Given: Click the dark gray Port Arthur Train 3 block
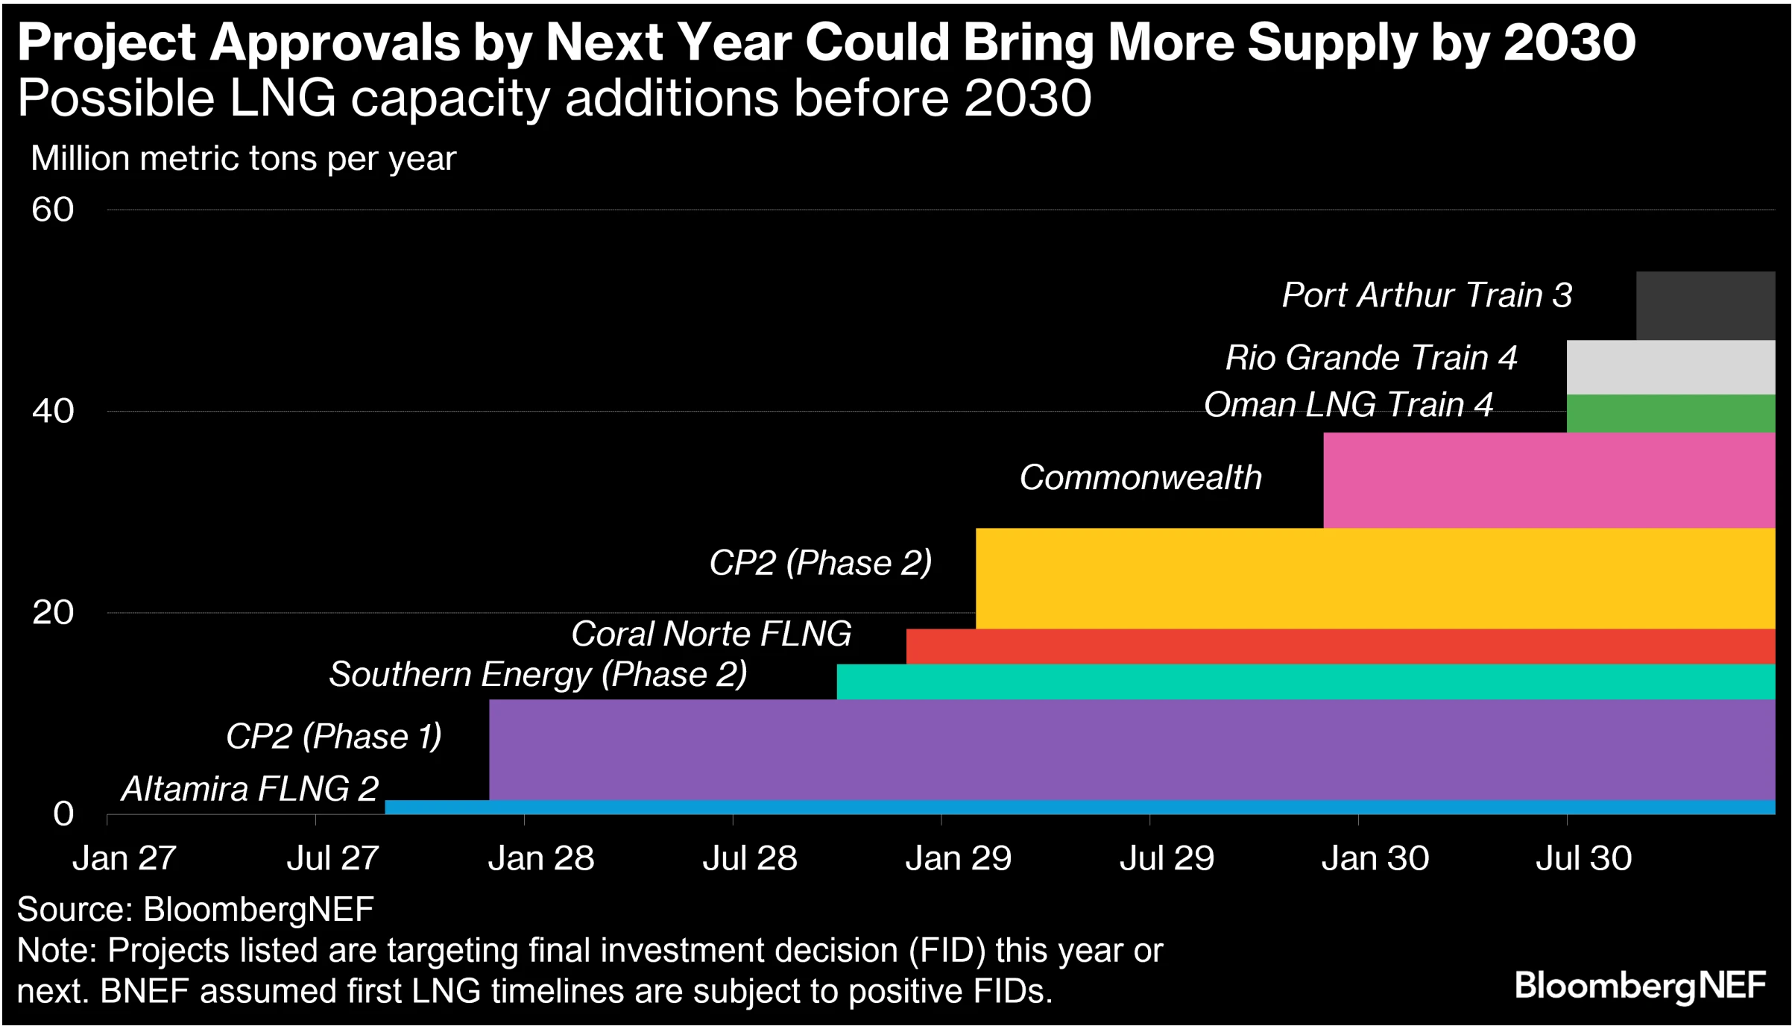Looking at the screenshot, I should coord(1705,306).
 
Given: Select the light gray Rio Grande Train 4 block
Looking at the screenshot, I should coord(1670,367).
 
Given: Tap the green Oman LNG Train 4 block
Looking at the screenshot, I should coord(1670,413).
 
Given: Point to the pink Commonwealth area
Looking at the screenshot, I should coord(1548,479).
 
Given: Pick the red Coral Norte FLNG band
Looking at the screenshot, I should coord(1340,646).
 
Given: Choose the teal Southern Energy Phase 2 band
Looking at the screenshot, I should coord(1304,681).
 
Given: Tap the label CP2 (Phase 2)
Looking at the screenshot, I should coord(820,562).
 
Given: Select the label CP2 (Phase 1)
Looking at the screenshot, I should coord(333,736).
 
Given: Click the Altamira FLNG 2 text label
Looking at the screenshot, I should coord(250,788).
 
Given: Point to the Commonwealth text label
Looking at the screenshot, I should coord(1140,477).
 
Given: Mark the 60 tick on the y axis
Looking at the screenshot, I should coord(52,210).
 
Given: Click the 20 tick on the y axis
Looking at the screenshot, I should coord(52,612).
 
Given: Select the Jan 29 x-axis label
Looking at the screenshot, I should coord(958,858).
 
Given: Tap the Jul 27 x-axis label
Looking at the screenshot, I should coord(332,858).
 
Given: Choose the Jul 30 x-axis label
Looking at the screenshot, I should coord(1583,858).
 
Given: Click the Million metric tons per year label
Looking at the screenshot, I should coord(243,158).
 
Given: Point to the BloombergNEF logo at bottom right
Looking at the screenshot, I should coord(1640,986).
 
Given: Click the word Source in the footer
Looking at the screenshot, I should coord(69,909).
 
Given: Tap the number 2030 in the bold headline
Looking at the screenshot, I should coord(1569,43).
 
